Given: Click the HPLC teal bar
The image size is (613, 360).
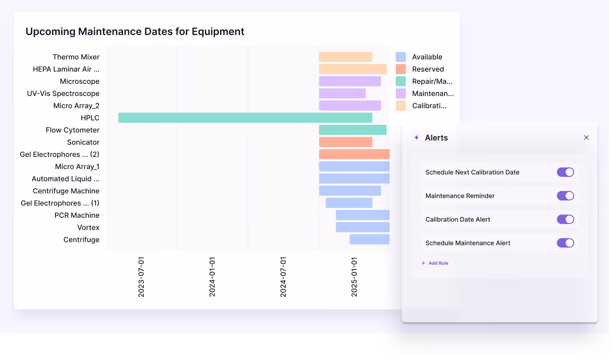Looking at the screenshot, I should click(x=245, y=118).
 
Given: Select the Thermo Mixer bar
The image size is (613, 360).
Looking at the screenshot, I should click(x=345, y=57).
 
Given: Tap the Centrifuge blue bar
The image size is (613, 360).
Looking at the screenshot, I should click(x=369, y=239).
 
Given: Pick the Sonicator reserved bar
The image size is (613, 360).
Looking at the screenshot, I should click(x=345, y=142).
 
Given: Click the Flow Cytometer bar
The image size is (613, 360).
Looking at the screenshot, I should click(x=353, y=130).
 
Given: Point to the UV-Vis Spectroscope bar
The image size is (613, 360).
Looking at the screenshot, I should click(x=342, y=93).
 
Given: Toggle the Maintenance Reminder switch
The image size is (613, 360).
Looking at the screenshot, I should click(x=565, y=196).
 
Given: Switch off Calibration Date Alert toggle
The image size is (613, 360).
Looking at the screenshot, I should click(x=565, y=219).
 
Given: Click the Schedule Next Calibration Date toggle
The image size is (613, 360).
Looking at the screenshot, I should click(x=565, y=172).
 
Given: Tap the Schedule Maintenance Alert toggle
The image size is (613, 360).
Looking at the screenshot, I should click(x=565, y=243).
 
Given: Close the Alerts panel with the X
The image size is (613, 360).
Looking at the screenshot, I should click(x=586, y=137).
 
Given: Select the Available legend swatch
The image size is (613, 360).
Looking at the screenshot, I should click(x=400, y=57).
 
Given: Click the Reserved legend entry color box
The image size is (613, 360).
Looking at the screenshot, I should click(x=400, y=69).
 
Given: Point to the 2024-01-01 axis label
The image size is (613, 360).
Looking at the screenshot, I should click(x=212, y=277).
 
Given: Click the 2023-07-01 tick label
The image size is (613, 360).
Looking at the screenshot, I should click(x=141, y=277).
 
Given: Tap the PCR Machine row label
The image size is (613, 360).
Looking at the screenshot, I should click(x=77, y=215).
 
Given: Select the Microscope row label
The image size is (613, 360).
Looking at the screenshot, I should click(x=80, y=81).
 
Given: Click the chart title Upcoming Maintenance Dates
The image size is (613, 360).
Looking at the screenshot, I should click(x=135, y=32).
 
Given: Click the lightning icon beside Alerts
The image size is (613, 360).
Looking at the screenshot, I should click(x=417, y=137).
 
